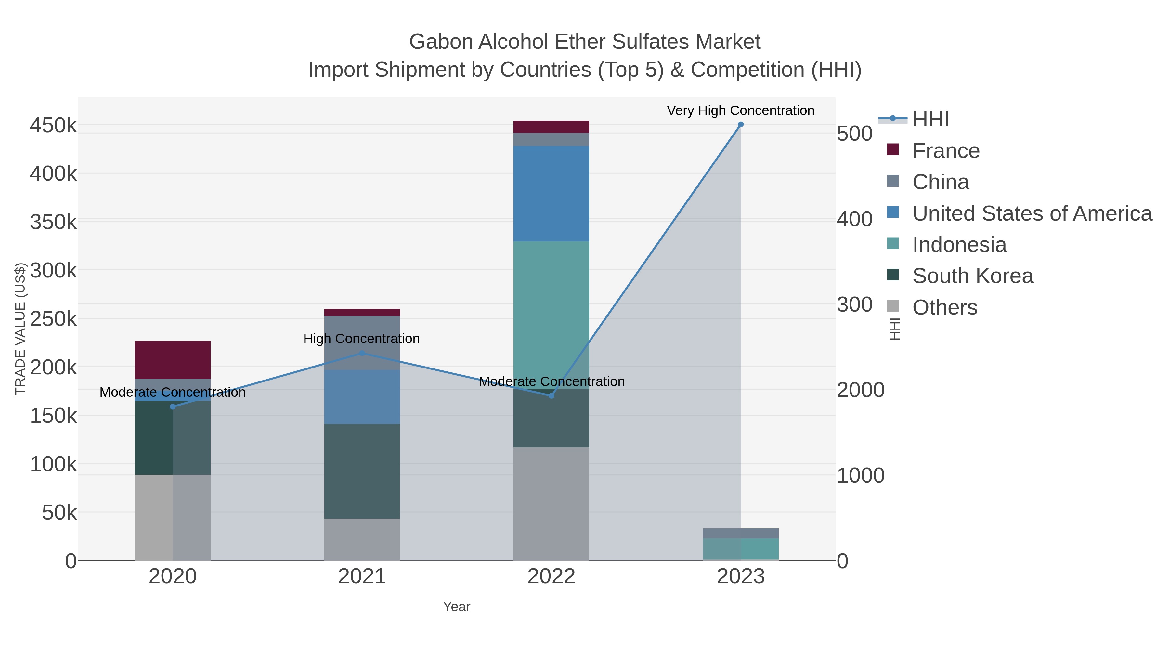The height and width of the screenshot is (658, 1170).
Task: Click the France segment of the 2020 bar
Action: (x=173, y=360)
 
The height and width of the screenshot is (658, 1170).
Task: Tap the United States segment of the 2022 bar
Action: (x=551, y=193)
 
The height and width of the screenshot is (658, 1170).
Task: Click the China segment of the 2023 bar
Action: (x=740, y=533)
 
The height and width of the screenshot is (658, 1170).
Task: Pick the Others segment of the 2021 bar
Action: (x=362, y=539)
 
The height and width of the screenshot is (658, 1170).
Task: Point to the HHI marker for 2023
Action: (x=741, y=124)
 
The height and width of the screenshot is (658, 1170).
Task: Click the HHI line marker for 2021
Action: (x=362, y=353)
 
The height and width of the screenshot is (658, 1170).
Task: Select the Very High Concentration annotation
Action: (x=740, y=110)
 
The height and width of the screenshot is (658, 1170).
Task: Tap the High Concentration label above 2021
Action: (x=361, y=338)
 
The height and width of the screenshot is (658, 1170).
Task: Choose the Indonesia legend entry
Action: (x=959, y=245)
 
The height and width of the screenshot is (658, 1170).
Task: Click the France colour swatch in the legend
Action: (x=892, y=150)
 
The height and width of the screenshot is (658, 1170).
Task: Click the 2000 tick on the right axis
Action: (x=860, y=390)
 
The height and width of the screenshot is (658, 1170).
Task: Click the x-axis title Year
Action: (x=457, y=607)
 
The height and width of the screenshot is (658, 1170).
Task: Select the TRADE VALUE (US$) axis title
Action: (x=20, y=329)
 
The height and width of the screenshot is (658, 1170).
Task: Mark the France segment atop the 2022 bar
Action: (x=551, y=127)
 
